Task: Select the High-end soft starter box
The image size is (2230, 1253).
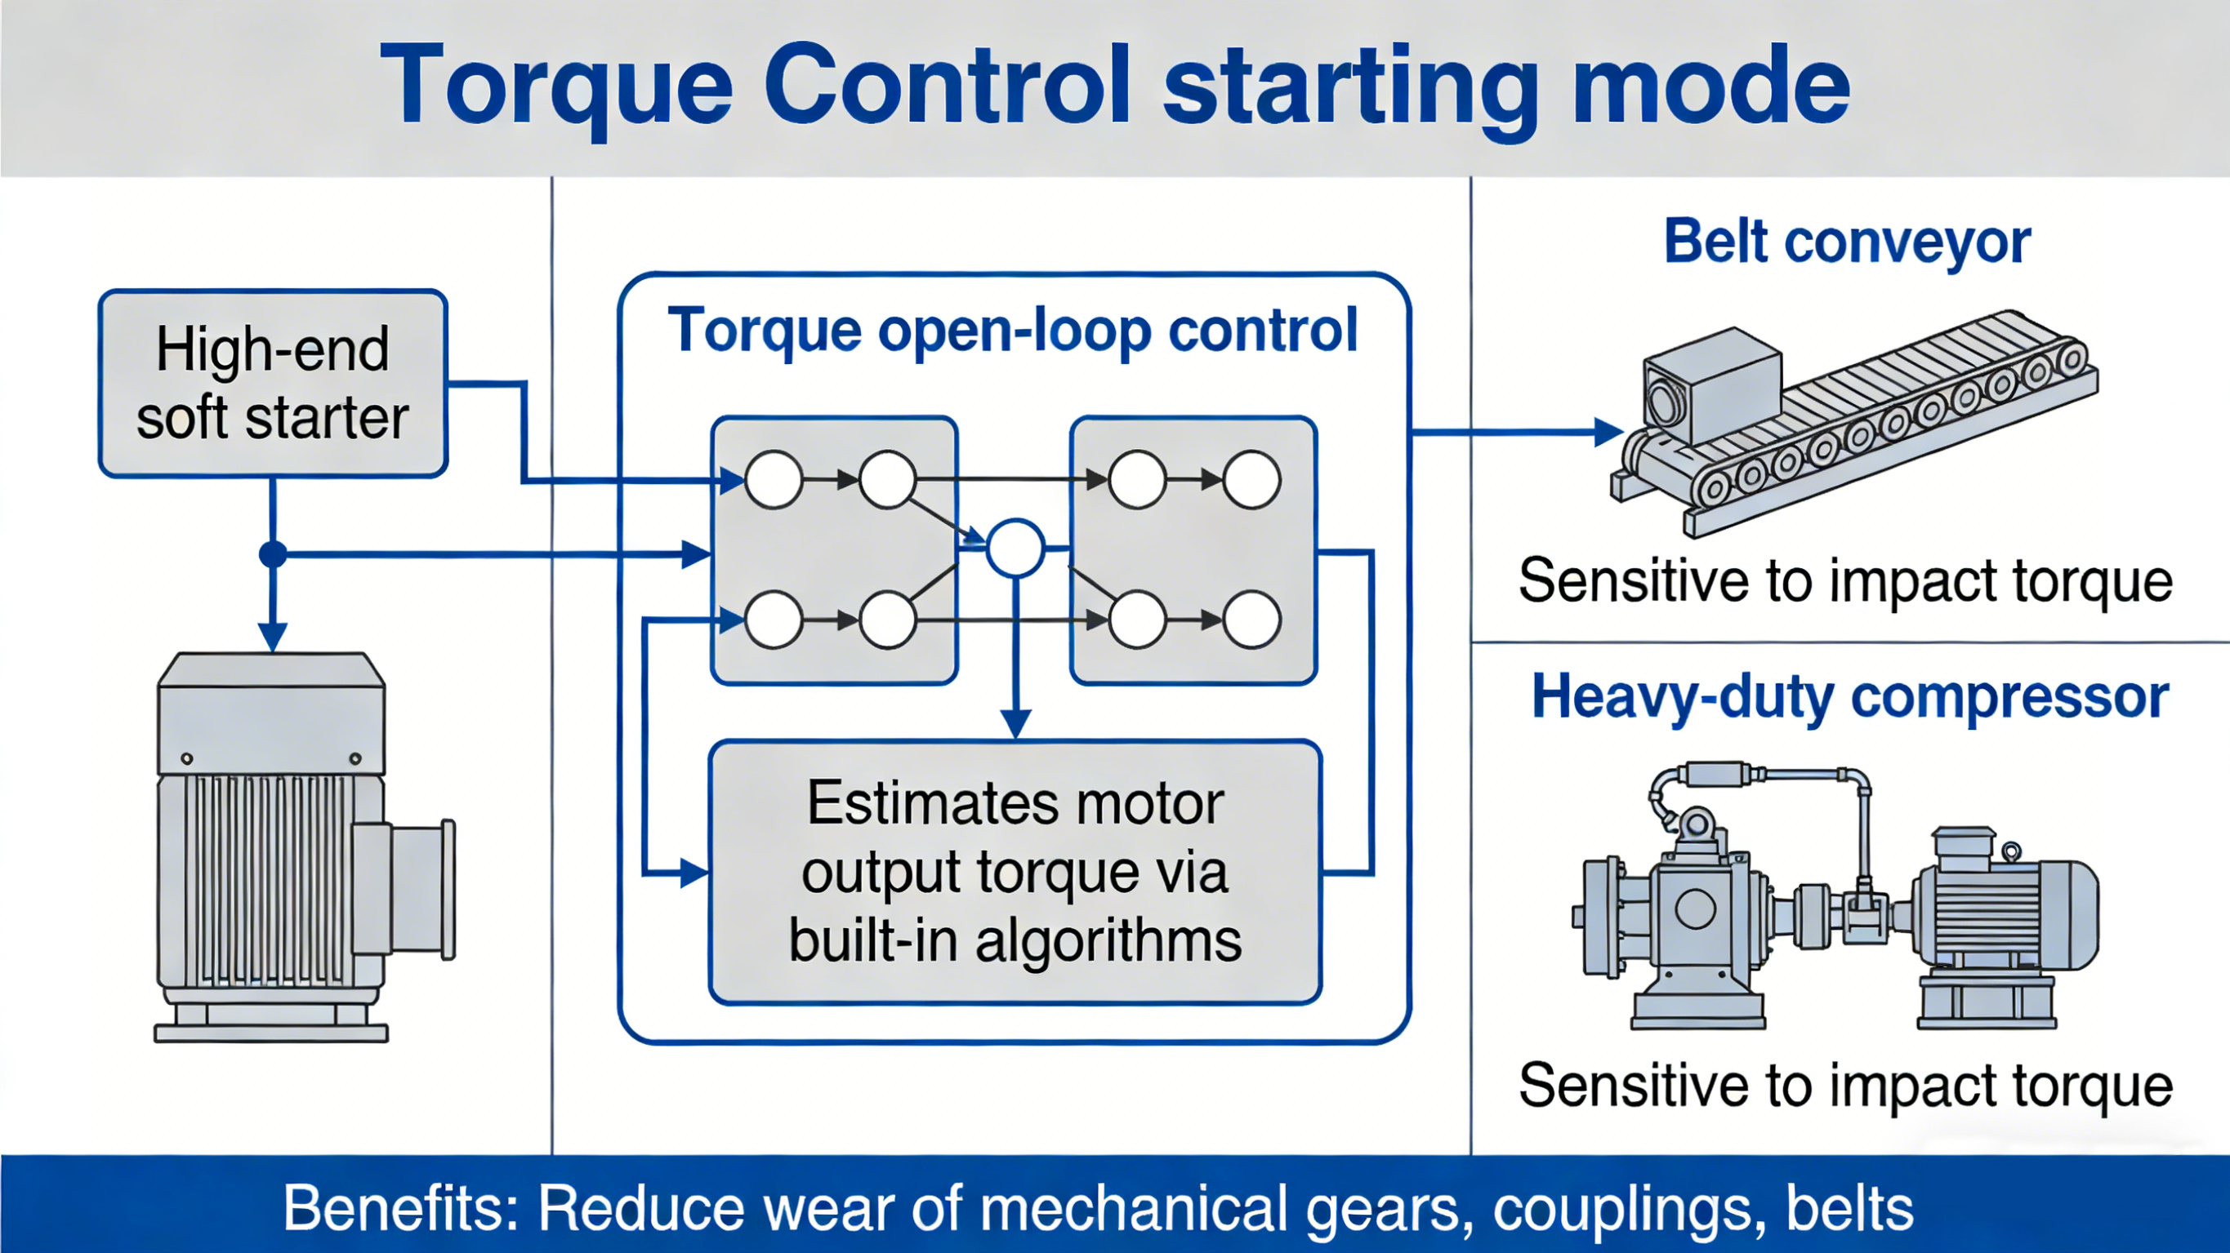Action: pos(273,384)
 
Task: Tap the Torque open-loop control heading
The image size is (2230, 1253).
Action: pos(1013,331)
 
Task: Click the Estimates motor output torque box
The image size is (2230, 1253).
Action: pos(1015,872)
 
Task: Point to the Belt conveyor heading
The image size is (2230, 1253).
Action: pos(1847,242)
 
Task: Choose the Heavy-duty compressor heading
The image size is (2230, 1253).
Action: pos(1850,696)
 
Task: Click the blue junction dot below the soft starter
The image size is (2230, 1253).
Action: pos(273,553)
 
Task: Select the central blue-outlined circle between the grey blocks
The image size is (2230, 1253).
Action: pos(1015,548)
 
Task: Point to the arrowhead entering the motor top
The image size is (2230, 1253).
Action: pos(273,637)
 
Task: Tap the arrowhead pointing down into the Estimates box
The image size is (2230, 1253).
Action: pos(1015,722)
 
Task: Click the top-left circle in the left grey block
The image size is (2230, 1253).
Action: pos(773,479)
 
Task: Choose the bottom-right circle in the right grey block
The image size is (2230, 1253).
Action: pos(1251,620)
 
